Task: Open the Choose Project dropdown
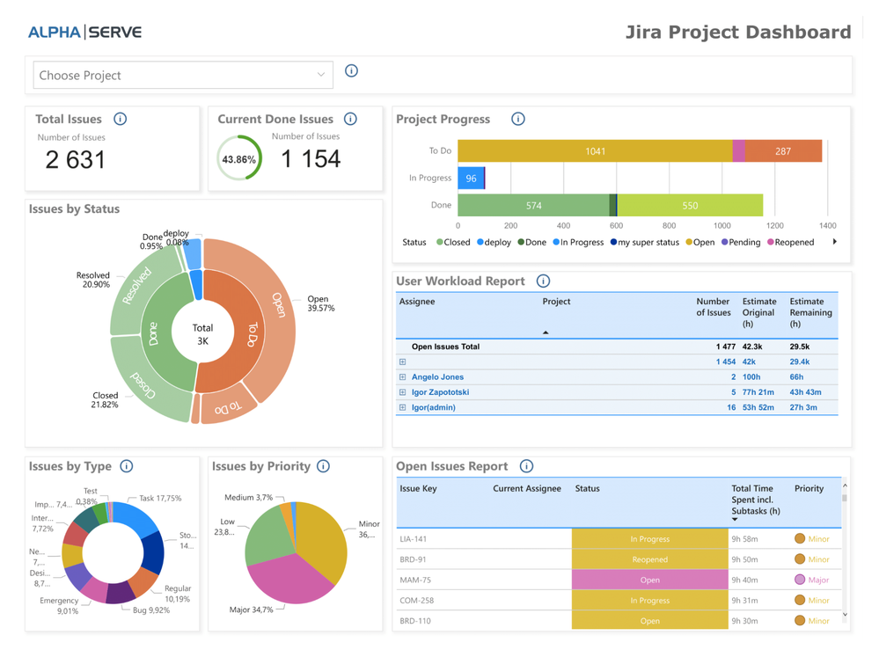(182, 76)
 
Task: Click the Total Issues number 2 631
(76, 159)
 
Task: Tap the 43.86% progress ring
(239, 159)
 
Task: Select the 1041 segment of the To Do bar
(595, 151)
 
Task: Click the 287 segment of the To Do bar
(783, 151)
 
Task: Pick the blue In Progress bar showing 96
(471, 179)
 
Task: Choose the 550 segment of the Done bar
(690, 206)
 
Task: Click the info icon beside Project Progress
(518, 120)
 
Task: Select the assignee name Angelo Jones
(437, 377)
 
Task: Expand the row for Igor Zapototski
(402, 392)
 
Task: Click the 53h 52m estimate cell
(758, 408)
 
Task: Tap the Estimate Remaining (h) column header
(810, 312)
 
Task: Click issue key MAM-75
(415, 580)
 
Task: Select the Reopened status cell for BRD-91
(649, 559)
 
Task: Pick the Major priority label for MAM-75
(818, 580)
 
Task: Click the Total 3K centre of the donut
(202, 334)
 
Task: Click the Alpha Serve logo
(84, 33)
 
